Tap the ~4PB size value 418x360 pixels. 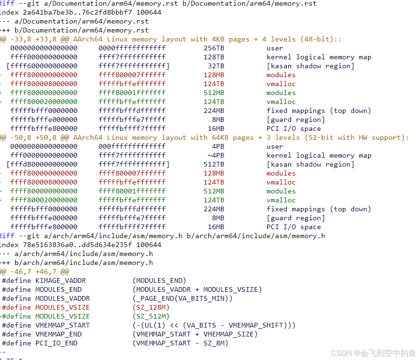click(216, 155)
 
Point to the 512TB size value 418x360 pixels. click(214, 164)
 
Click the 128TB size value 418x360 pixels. click(214, 57)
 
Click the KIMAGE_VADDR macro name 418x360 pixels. click(61, 280)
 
